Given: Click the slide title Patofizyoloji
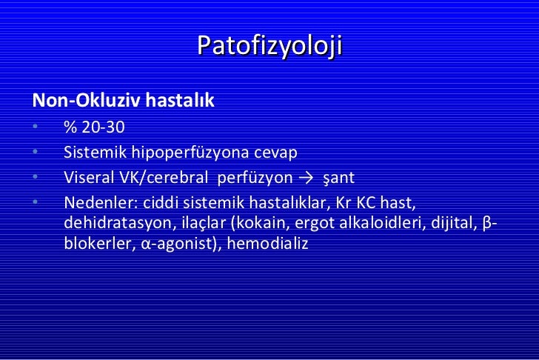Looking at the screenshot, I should point(269,46).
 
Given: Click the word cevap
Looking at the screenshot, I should point(275,153).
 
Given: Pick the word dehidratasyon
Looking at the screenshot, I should point(113,223).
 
